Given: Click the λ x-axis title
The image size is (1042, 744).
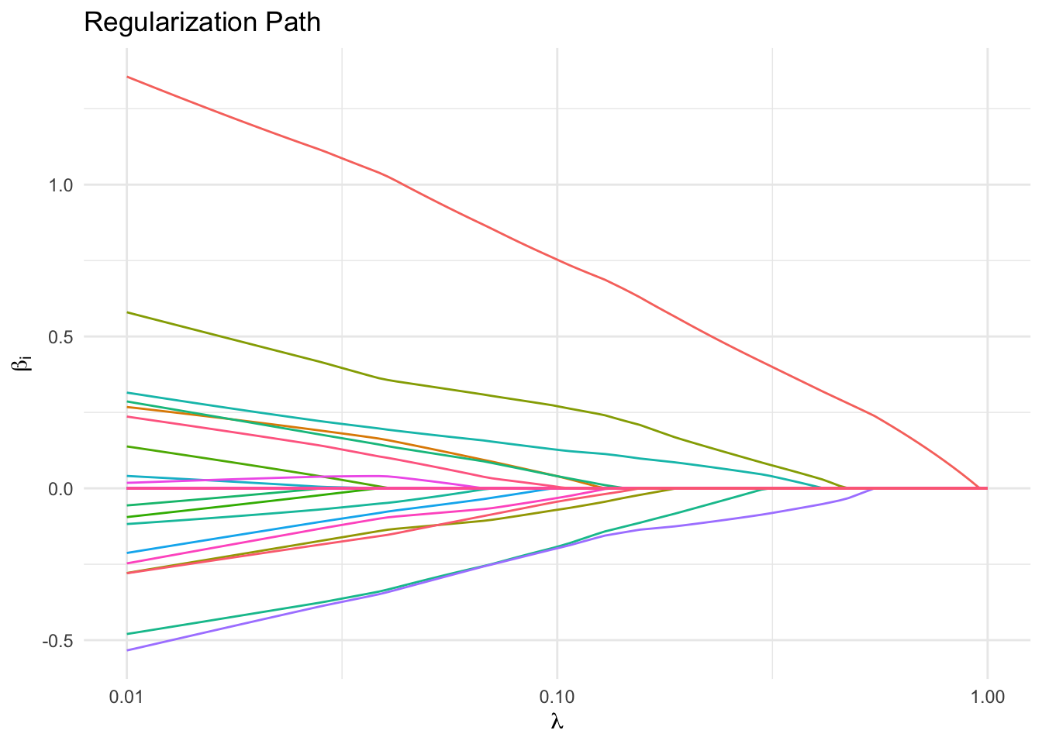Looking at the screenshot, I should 557,722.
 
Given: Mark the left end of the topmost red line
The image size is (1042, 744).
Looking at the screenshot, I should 127,77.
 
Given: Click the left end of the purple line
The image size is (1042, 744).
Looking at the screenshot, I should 127,650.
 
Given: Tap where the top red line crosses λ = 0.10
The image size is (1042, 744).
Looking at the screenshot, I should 557,259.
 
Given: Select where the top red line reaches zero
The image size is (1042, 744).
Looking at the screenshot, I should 978,488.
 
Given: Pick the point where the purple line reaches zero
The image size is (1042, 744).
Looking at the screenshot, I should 874,488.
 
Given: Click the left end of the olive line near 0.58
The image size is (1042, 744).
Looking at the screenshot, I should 127,312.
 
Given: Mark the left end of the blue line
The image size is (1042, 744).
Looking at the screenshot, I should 127,553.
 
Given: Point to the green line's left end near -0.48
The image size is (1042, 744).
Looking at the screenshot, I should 127,634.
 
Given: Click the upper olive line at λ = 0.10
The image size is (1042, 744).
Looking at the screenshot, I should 557,405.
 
